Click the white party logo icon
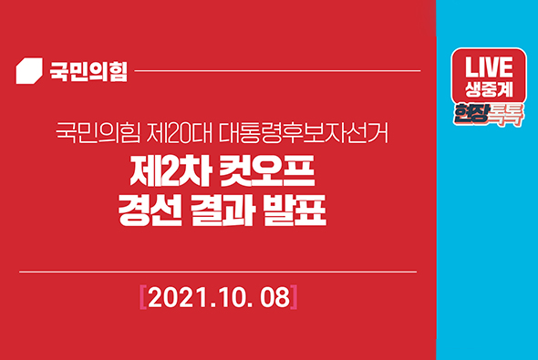[x=30, y=70]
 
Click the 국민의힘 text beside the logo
[x=88, y=71]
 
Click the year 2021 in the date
[x=172, y=297]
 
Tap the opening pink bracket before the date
[x=142, y=297]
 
